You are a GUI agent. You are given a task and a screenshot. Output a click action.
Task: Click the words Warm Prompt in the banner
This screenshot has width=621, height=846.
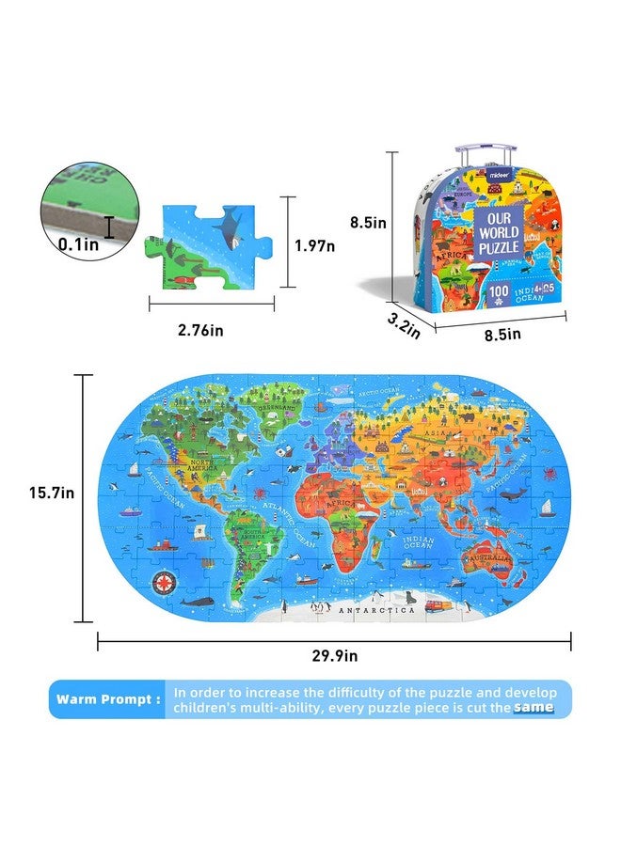tap(107, 699)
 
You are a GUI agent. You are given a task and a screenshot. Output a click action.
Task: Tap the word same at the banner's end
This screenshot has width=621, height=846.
tap(533, 707)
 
